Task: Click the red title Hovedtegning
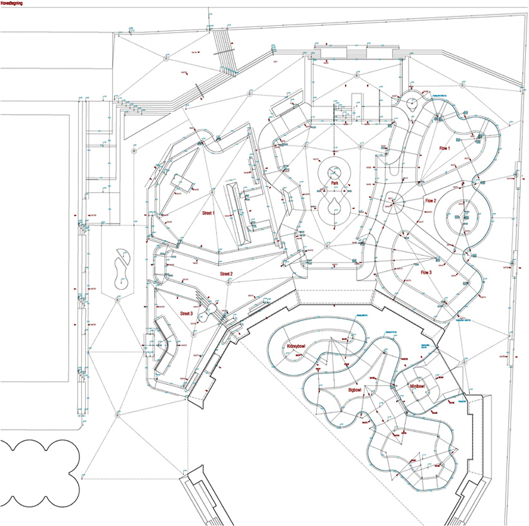click(x=13, y=3)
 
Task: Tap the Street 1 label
click(x=208, y=214)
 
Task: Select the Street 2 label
click(x=226, y=274)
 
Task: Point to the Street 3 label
click(x=186, y=313)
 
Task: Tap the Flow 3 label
click(x=426, y=273)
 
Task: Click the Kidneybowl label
click(x=300, y=346)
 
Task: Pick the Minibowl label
click(x=418, y=386)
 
